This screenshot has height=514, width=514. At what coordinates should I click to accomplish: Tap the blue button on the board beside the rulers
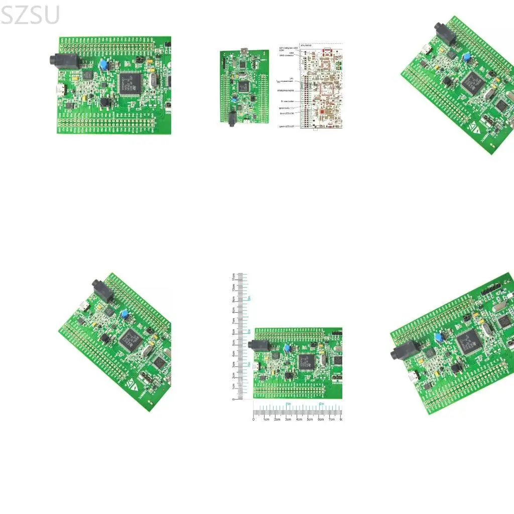287,347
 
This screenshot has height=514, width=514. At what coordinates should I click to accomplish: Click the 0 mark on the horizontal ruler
253,419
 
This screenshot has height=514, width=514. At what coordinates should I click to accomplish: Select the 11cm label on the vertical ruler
233,277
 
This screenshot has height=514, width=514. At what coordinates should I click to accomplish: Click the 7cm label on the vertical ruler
233,321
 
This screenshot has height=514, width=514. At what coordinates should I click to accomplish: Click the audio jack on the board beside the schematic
232,118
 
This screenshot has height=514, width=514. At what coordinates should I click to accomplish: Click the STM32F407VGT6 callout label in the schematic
286,90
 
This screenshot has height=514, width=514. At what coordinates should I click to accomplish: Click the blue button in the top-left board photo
103,65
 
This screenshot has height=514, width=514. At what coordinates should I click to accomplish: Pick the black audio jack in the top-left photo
59,60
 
